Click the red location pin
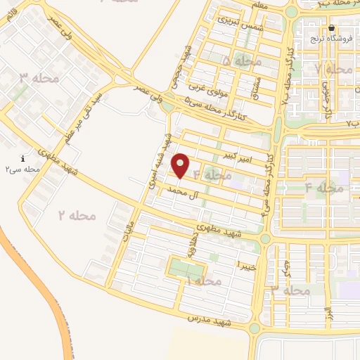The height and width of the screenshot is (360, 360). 181,165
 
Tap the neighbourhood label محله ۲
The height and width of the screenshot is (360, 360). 77,214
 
